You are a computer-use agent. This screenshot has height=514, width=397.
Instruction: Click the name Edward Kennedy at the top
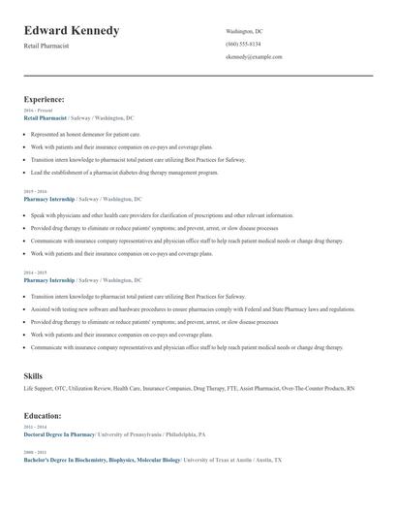[x=72, y=31]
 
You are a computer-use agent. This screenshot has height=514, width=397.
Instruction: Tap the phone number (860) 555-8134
[x=243, y=44]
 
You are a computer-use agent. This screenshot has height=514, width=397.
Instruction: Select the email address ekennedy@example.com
[x=254, y=57]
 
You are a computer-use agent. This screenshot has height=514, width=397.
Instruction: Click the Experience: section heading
[x=45, y=99]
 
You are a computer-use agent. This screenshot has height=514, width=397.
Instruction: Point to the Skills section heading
[x=34, y=374]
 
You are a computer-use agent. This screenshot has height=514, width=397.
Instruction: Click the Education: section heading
[x=44, y=414]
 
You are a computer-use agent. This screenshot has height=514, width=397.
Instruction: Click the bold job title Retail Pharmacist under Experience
[x=46, y=118]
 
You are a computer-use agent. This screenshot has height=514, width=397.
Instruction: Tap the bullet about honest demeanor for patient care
[x=85, y=134]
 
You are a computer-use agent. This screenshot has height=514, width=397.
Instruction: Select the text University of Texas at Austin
[x=227, y=460]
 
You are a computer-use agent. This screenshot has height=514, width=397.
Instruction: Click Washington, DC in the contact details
[x=244, y=31]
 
